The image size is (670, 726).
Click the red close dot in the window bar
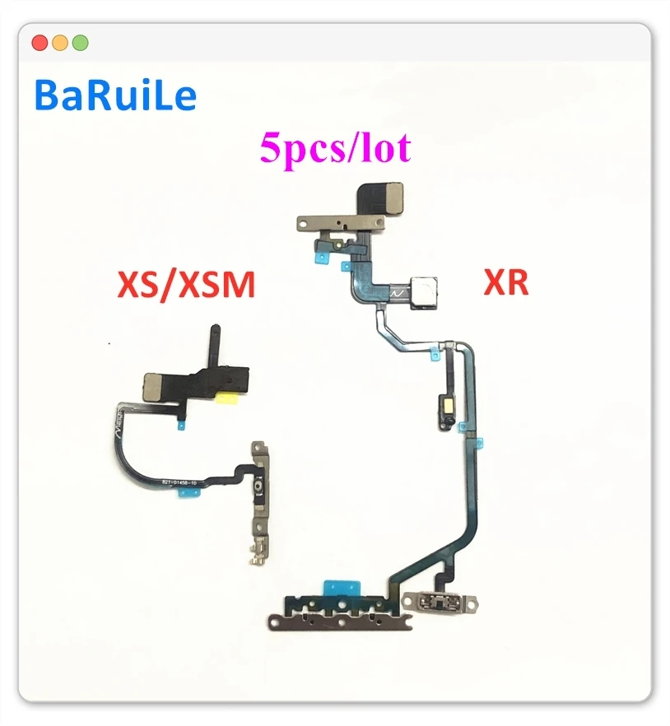(x=39, y=43)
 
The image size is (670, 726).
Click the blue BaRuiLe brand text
(x=116, y=96)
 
